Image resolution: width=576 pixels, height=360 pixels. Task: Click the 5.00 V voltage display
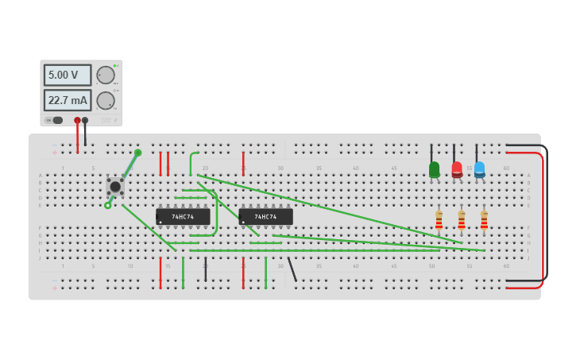pos(67,75)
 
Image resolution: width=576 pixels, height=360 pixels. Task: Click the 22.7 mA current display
pos(67,101)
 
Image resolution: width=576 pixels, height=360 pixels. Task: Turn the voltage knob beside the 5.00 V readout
pos(106,75)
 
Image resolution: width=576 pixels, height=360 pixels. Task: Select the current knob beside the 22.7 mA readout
pos(106,101)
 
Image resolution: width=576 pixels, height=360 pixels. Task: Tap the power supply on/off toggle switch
pos(54,120)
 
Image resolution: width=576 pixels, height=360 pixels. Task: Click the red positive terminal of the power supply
pos(77,121)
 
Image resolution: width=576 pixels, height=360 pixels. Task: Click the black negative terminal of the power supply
pos(85,121)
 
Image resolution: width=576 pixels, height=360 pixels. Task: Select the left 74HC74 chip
pos(183,216)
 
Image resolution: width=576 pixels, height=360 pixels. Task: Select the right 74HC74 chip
pos(265,216)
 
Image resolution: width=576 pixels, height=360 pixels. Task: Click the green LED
pos(434,169)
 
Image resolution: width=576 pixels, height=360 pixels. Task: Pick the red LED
pos(457,169)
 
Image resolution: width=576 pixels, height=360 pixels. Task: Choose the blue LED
pos(479,169)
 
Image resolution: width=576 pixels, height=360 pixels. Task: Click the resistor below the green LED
pos(439,220)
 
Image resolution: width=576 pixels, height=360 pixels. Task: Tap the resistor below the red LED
pos(461,220)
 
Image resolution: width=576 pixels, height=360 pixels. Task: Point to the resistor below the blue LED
pos(484,220)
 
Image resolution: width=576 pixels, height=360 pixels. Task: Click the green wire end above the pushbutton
pos(138,153)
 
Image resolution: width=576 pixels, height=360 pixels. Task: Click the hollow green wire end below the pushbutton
pos(108,205)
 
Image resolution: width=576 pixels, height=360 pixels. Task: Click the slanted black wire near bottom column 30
pos(292,269)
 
